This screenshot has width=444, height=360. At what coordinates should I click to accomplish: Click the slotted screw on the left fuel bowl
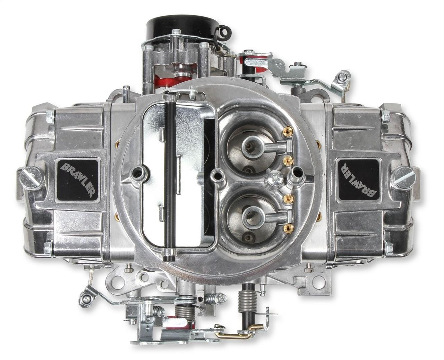pyautogui.click(x=32, y=178)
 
